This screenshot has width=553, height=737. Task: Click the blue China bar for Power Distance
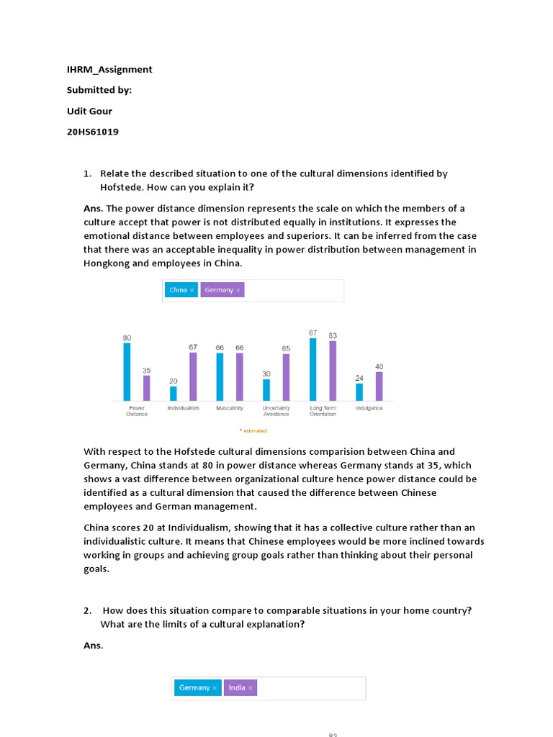tap(127, 371)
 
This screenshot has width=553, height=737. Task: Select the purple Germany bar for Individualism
tap(193, 376)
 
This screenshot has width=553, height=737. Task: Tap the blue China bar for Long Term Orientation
tap(313, 369)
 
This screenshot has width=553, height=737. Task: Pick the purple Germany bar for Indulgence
tap(379, 386)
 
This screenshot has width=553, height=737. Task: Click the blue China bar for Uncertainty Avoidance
tap(266, 389)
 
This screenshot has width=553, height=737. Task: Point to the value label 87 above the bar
tap(313, 333)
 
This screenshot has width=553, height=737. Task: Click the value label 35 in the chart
tap(146, 370)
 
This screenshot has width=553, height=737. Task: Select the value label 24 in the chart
tap(359, 378)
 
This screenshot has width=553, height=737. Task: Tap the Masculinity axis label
tap(230, 408)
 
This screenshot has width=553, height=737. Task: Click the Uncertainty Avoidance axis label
tap(276, 411)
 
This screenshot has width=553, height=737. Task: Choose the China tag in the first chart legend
tap(181, 290)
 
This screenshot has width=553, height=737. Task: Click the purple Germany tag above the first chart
tap(222, 290)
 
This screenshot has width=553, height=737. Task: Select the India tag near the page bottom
tap(240, 687)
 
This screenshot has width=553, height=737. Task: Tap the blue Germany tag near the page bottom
tap(197, 687)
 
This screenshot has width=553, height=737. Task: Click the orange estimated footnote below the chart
tap(253, 431)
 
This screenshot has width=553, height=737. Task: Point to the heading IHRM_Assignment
tap(109, 70)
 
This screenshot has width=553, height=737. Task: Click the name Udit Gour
tap(91, 111)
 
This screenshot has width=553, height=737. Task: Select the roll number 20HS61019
tap(93, 132)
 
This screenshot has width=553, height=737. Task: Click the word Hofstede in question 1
tap(121, 187)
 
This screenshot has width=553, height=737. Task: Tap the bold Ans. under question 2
tap(94, 645)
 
